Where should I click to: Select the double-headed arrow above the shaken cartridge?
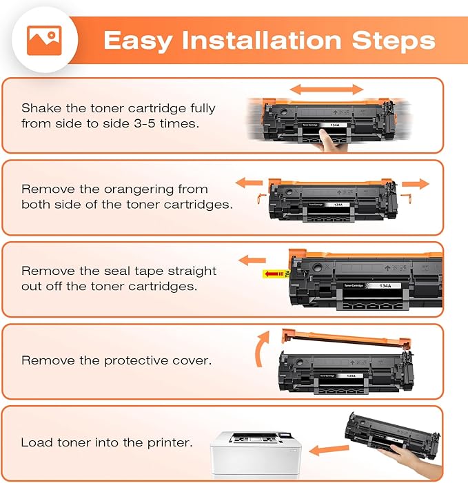[x=326, y=90]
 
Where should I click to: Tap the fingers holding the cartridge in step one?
[x=329, y=140]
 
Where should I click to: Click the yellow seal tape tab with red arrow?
[x=274, y=274]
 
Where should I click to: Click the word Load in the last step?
[x=34, y=442]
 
